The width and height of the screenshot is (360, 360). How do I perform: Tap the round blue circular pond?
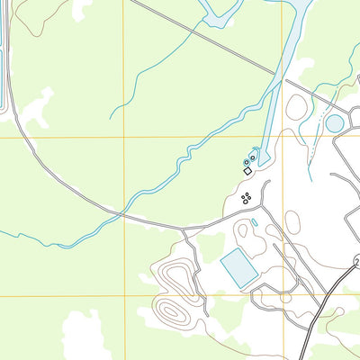tap(334, 123)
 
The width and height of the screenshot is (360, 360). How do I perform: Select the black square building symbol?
tap(247, 170)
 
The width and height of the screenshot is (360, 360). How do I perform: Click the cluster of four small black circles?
tap(247, 198)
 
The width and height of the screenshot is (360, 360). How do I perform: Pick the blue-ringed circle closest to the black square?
tap(247, 162)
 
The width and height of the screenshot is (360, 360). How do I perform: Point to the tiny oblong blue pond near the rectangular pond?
tap(255, 221)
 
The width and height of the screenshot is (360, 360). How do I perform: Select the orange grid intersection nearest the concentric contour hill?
tap(122, 296)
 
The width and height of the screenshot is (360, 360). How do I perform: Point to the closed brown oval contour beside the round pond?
tap(295, 107)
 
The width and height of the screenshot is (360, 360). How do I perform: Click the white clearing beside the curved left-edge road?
tap(34, 109)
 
